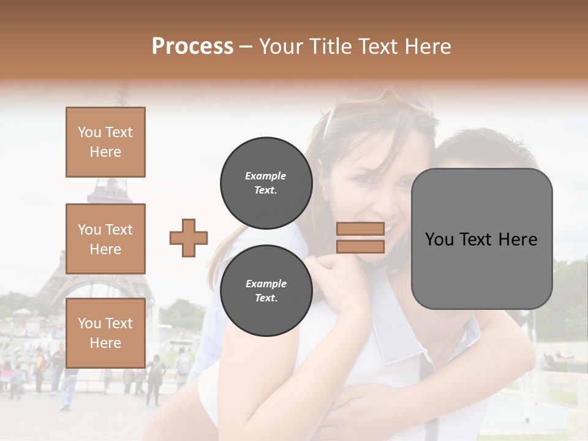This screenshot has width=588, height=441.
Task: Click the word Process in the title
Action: pyautogui.click(x=192, y=47)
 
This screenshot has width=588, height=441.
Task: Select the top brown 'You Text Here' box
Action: pyautogui.click(x=105, y=142)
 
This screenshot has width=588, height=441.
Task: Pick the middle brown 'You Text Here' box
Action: pyautogui.click(x=105, y=239)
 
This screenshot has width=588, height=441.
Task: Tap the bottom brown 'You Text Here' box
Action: pyautogui.click(x=105, y=333)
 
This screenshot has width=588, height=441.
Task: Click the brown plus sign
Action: pyautogui.click(x=189, y=238)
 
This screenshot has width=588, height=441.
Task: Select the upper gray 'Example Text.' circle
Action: pyautogui.click(x=266, y=183)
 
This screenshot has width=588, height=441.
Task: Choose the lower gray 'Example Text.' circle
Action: pyautogui.click(x=266, y=291)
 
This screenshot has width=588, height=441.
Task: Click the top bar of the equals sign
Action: pyautogui.click(x=360, y=229)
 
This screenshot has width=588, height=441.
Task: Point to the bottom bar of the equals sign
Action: pyautogui.click(x=360, y=246)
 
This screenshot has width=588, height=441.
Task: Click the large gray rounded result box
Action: pyautogui.click(x=481, y=239)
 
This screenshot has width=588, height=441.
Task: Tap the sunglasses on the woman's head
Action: pyautogui.click(x=380, y=98)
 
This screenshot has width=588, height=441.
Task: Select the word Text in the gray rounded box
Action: pyautogui.click(x=477, y=239)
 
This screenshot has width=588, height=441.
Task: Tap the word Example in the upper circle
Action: pyautogui.click(x=265, y=176)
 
